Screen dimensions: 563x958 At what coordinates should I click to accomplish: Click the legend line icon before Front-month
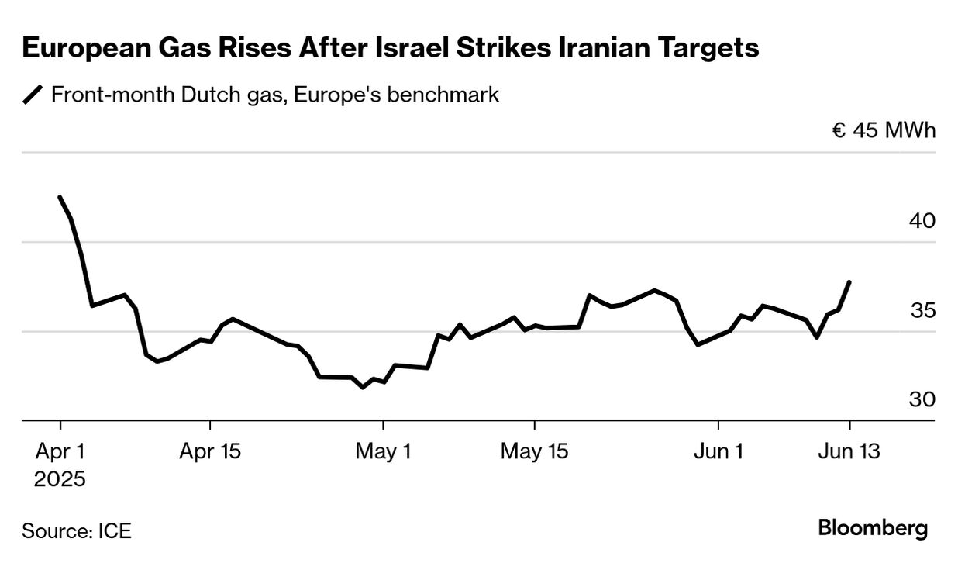tap(33, 95)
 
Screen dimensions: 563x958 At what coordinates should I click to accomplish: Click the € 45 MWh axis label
tap(884, 130)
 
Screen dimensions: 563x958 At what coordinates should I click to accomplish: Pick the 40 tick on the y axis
tap(922, 221)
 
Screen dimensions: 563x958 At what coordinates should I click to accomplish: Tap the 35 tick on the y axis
tap(922, 310)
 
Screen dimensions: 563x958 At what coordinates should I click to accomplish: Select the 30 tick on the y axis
tap(922, 399)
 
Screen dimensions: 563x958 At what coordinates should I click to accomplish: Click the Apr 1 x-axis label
tap(60, 451)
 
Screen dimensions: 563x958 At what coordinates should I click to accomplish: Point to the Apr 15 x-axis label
tap(210, 451)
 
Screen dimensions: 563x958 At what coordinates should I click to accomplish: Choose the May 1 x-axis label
tap(383, 451)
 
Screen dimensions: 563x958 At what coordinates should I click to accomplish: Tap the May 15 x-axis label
tap(534, 451)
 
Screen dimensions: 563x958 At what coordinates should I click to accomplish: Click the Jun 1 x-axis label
tap(718, 451)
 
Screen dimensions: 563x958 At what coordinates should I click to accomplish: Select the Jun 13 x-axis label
tap(849, 451)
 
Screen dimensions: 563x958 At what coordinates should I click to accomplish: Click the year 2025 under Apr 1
tap(60, 479)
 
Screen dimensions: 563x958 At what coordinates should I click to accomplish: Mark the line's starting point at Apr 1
tap(60, 197)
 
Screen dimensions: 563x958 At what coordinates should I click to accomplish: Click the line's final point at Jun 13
tap(850, 281)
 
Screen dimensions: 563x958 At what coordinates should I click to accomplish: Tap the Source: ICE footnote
tap(77, 531)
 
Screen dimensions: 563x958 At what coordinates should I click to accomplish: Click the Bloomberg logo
tap(873, 529)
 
